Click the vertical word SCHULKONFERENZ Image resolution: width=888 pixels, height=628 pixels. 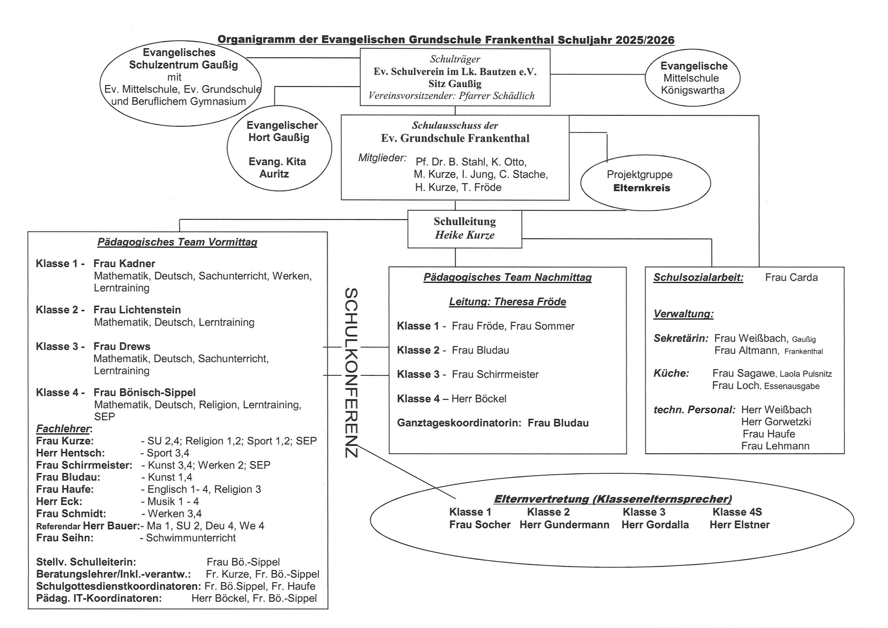coord(351,373)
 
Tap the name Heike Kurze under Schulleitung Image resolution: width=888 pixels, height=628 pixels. coord(464,235)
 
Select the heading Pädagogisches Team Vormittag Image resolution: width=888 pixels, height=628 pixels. coord(177,242)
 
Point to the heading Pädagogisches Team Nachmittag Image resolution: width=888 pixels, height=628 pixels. coord(507,278)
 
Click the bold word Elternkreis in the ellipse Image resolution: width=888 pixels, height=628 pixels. coord(642,188)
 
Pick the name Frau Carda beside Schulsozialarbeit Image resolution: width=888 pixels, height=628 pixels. coord(791,278)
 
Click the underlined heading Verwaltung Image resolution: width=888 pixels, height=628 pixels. coord(683,314)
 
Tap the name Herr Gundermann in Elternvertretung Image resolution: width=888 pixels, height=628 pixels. coord(564,525)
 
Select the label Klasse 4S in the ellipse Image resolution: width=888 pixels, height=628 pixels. coord(737,512)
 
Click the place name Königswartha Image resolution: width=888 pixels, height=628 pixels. coord(693,91)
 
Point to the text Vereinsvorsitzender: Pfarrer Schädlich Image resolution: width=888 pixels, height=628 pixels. coord(451,96)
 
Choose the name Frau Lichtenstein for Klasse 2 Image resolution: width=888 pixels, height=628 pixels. coord(137,310)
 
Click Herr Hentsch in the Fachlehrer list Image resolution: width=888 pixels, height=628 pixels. coord(70,453)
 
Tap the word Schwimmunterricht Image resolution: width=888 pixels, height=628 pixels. coord(191,538)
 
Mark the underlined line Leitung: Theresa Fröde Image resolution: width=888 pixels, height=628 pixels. coord(507,302)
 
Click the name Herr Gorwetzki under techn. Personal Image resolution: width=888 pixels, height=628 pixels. coord(776,422)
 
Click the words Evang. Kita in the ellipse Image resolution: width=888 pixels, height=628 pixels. coord(277,162)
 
